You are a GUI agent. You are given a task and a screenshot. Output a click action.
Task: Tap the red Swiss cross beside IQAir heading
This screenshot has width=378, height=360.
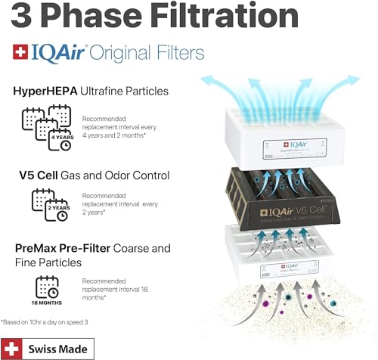pos(20,52)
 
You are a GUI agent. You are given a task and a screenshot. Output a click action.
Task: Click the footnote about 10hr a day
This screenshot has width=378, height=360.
pos(54,321)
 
